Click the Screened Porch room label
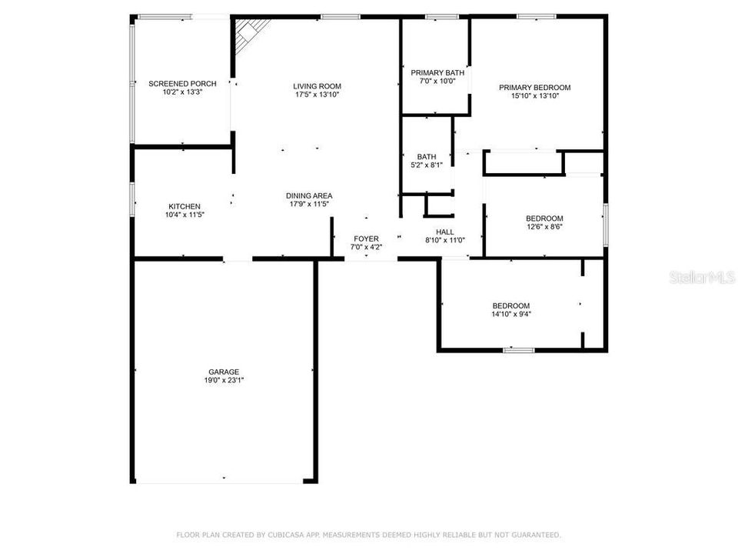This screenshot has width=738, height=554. (182, 83)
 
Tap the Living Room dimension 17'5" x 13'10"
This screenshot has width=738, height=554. (317, 95)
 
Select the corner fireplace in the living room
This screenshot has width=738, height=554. (251, 34)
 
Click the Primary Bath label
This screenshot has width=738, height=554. (437, 72)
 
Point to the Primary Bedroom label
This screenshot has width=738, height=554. (534, 88)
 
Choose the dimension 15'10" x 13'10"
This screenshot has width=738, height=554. (534, 96)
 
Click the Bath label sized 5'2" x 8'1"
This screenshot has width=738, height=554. (427, 156)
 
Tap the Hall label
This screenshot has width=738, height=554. (445, 232)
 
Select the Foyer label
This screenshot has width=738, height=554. (366, 239)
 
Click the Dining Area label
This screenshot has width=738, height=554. (309, 195)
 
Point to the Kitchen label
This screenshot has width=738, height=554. (184, 206)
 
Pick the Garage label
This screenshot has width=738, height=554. (223, 372)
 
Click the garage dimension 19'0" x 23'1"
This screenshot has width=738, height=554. (223, 380)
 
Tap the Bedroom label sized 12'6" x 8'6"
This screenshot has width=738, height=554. (544, 219)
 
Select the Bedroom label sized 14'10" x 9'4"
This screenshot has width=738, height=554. (511, 305)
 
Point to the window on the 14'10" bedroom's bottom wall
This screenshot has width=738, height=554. (519, 351)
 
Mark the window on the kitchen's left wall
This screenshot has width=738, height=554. (132, 199)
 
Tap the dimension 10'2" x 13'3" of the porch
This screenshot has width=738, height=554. (182, 92)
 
